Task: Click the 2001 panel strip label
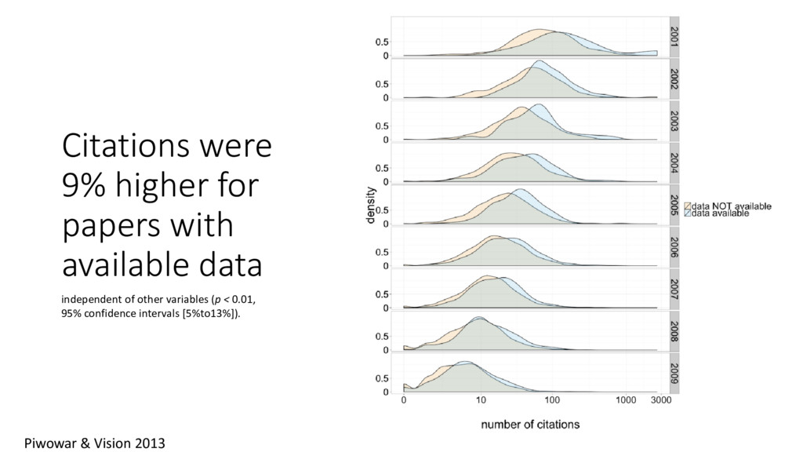coord(674,37)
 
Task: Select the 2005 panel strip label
coord(674,206)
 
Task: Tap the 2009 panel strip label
coord(674,374)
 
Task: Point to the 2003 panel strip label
coord(674,122)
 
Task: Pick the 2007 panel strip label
coord(674,290)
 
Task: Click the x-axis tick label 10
coord(480,400)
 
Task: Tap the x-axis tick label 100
coord(551,400)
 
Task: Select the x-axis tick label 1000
coord(625,400)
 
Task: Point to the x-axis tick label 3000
coord(660,400)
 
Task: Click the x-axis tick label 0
coord(404,400)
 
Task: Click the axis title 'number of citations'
coord(530,425)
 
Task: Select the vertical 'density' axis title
coord(372,206)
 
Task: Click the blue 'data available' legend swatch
coord(689,213)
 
